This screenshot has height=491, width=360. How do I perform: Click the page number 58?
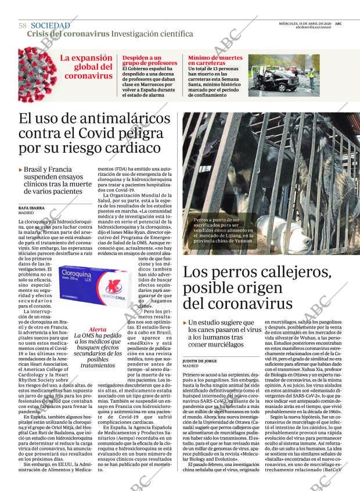[x=22, y=26]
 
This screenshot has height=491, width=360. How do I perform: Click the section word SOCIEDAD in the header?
[x=51, y=26]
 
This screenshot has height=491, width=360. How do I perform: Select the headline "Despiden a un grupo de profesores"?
[x=150, y=60]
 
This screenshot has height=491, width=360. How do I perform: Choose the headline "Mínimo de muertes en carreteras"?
[x=215, y=60]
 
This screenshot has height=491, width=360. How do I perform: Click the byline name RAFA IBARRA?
[x=33, y=207]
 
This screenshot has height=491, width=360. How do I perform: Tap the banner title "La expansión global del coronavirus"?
[x=87, y=67]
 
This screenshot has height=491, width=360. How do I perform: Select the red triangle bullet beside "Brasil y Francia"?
[x=21, y=170]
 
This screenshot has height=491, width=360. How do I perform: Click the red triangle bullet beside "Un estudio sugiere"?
[x=185, y=323]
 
